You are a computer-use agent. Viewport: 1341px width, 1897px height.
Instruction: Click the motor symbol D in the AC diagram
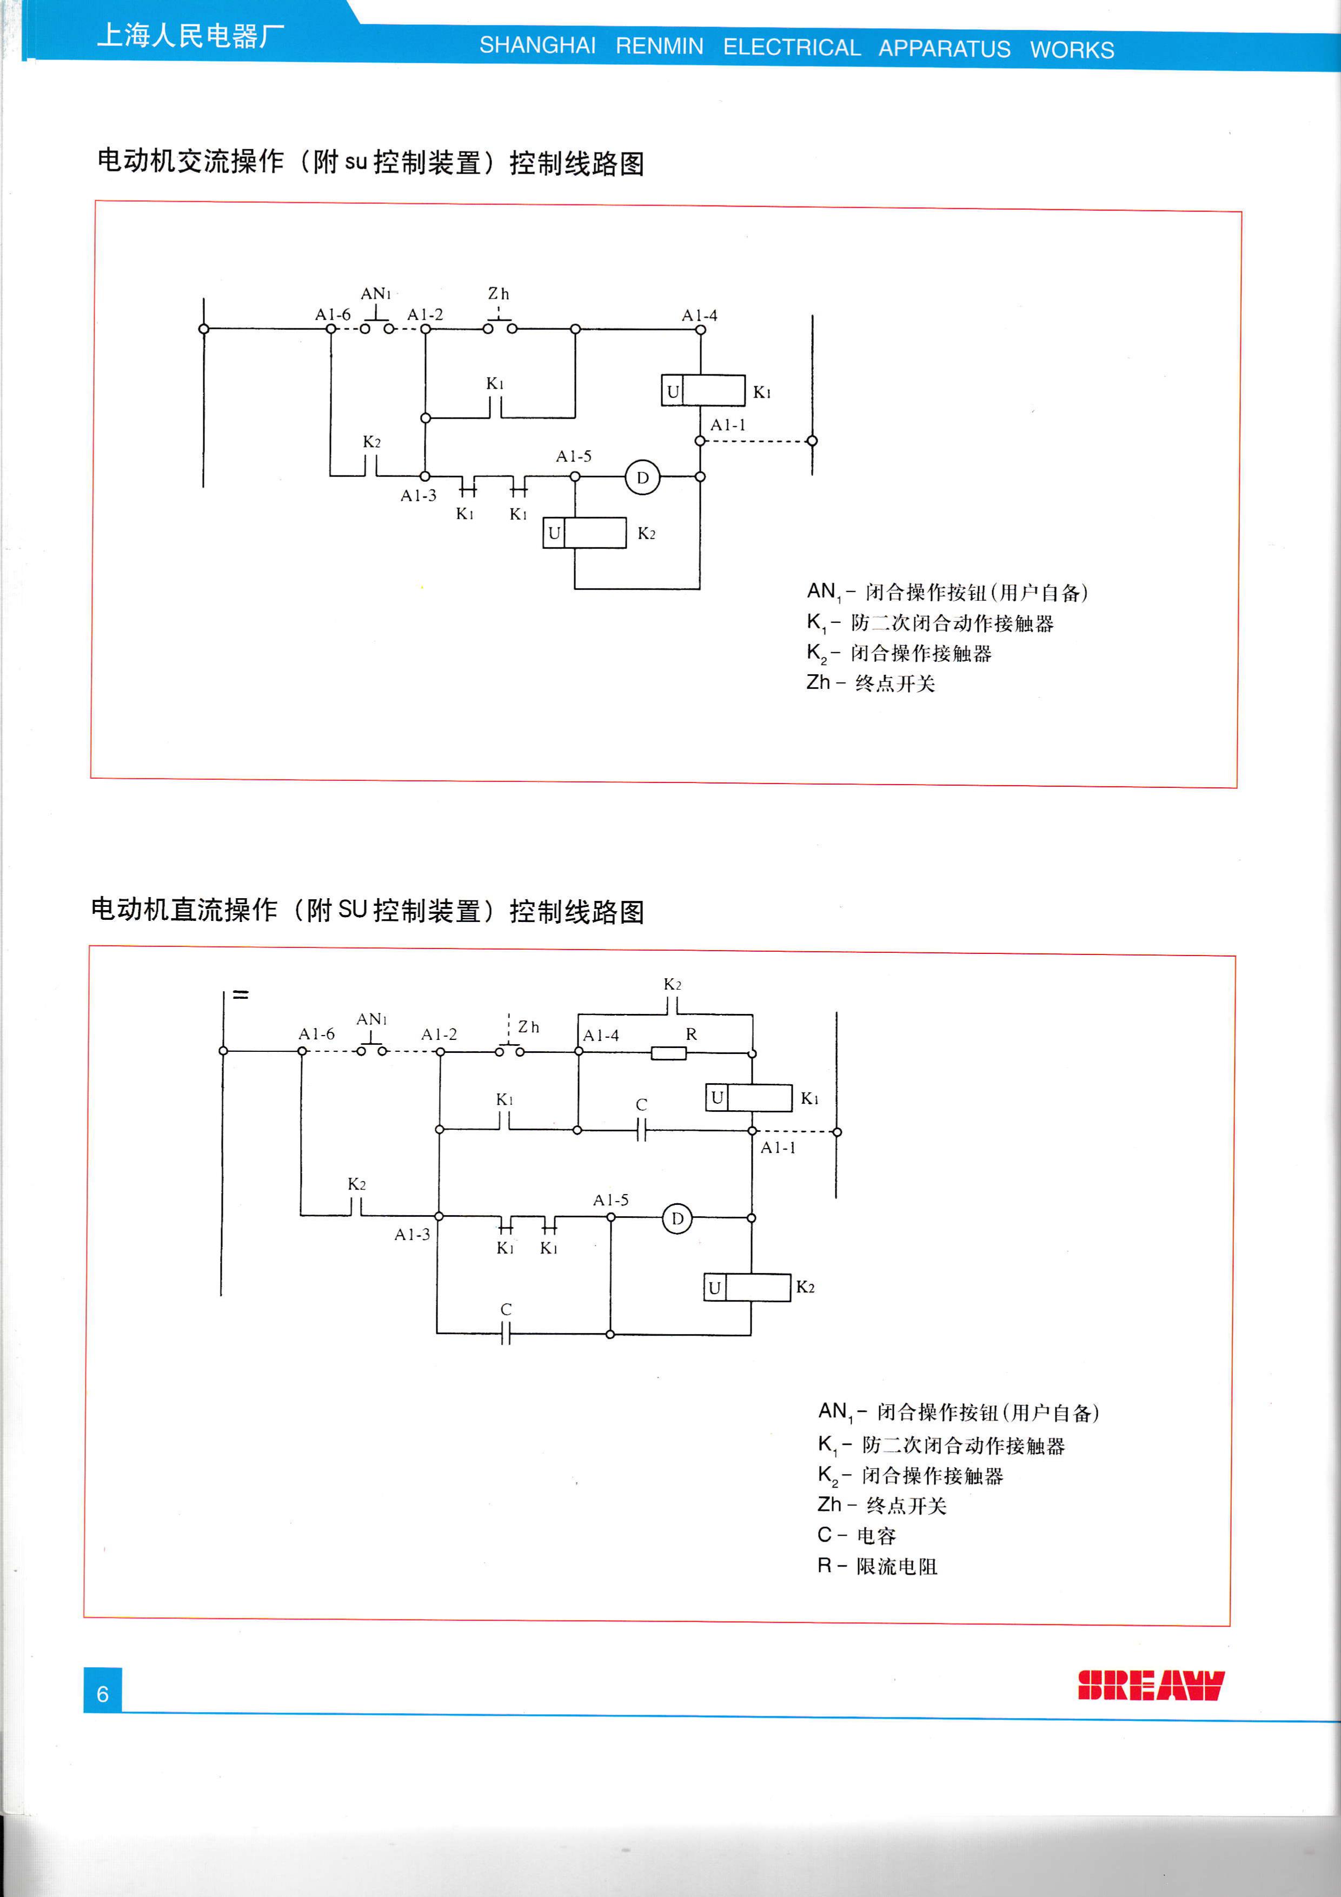coord(642,477)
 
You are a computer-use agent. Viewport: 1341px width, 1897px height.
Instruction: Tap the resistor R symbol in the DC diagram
coord(668,1053)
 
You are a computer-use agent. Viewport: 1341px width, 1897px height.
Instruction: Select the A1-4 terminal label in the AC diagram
coord(699,316)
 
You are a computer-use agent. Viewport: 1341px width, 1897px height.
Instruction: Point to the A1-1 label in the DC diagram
coord(778,1148)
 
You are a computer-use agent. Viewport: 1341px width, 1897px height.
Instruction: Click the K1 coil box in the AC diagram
coord(703,391)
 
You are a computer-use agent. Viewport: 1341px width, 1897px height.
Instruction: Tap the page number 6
coord(102,1694)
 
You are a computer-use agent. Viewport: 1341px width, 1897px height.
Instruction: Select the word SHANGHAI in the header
coord(537,45)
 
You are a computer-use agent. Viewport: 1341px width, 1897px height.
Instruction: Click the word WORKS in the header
coord(1072,50)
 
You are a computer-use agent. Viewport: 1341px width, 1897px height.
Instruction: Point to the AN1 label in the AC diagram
coord(375,294)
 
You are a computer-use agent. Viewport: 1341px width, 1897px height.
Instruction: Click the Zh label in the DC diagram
coord(528,1027)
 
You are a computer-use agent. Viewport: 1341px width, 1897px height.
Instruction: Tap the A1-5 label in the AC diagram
coord(573,456)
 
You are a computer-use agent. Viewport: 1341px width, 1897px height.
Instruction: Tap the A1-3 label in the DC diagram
coord(411,1235)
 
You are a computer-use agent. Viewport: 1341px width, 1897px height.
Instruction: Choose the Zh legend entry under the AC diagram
coord(870,684)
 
